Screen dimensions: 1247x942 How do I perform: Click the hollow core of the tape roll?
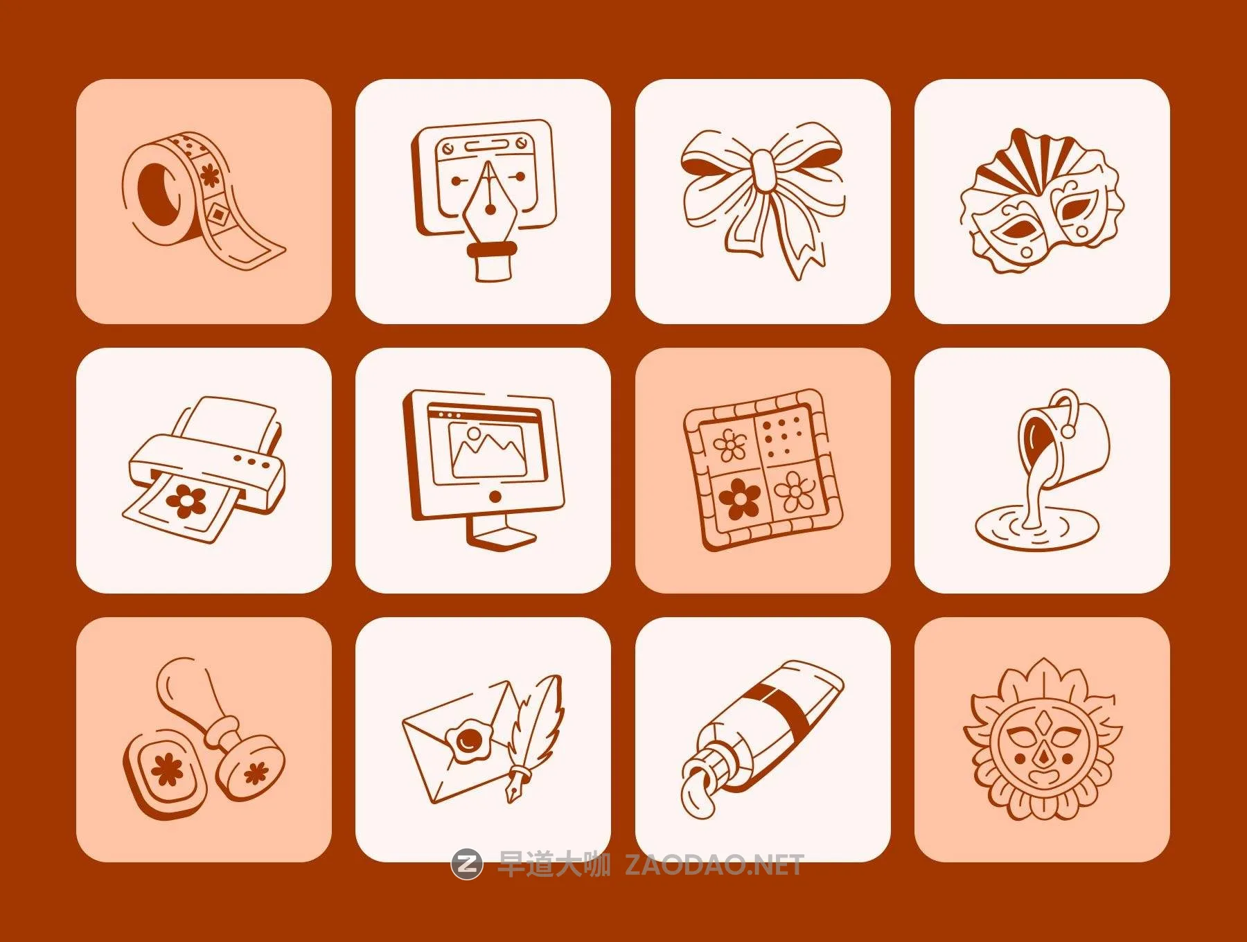[157, 195]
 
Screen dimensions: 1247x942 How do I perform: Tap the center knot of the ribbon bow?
[763, 170]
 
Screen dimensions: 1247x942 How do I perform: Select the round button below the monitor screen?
[495, 497]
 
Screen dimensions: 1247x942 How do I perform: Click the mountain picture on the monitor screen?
[488, 449]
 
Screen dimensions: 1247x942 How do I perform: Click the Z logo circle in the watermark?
[467, 864]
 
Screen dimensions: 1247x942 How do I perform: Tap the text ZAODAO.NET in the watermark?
[714, 864]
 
